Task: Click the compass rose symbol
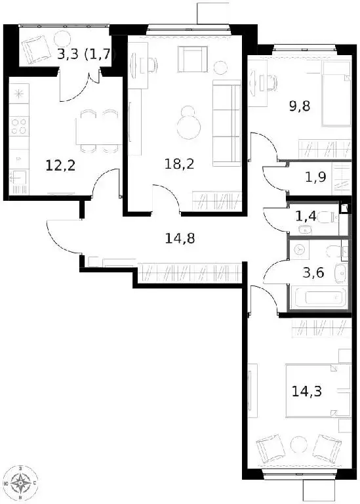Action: click(22, 485)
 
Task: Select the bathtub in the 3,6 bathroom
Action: click(317, 298)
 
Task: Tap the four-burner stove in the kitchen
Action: click(20, 125)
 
